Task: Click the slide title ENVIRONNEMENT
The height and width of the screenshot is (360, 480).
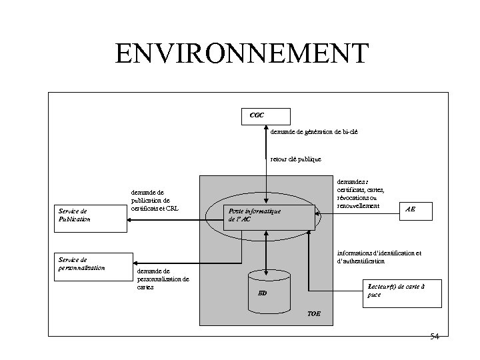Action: pyautogui.click(x=241, y=53)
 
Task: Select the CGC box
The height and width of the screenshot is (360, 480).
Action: pyautogui.click(x=265, y=115)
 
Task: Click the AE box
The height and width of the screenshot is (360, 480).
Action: pyautogui.click(x=411, y=209)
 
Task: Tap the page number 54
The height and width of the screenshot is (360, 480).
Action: pyautogui.click(x=434, y=337)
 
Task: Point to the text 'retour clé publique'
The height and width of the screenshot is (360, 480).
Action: pyautogui.click(x=295, y=159)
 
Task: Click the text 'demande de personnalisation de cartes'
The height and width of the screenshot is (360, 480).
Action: pyautogui.click(x=163, y=279)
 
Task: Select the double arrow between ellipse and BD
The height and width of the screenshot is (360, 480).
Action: pyautogui.click(x=266, y=250)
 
